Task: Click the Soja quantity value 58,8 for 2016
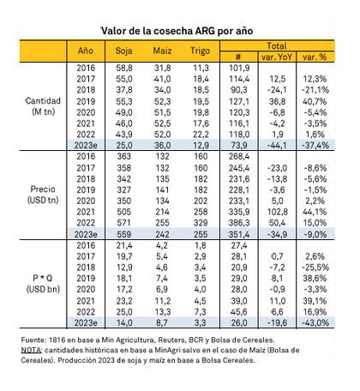[125, 66]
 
